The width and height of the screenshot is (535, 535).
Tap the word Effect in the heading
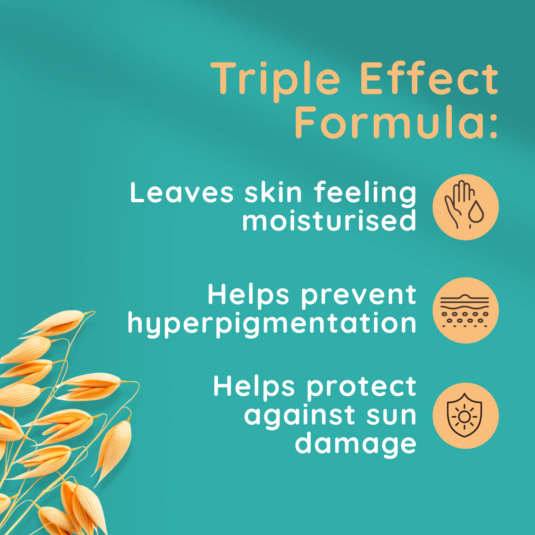pyautogui.click(x=429, y=78)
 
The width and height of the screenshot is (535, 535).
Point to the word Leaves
pyautogui.click(x=182, y=192)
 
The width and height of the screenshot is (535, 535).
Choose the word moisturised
pyautogui.click(x=329, y=220)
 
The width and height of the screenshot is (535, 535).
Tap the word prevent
pyautogui.click(x=359, y=298)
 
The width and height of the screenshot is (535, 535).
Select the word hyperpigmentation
pyautogui.click(x=272, y=325)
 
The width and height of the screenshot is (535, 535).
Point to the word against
pyautogui.click(x=300, y=415)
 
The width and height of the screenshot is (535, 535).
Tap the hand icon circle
pyautogui.click(x=466, y=207)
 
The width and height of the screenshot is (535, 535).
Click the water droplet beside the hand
pyautogui.click(x=476, y=212)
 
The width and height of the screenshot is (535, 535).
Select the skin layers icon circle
pyautogui.click(x=466, y=310)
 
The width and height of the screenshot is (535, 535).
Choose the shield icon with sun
pyautogui.click(x=464, y=416)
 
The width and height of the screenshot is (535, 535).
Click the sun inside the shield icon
pyautogui.click(x=464, y=416)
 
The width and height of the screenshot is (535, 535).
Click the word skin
pyautogui.click(x=274, y=192)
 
